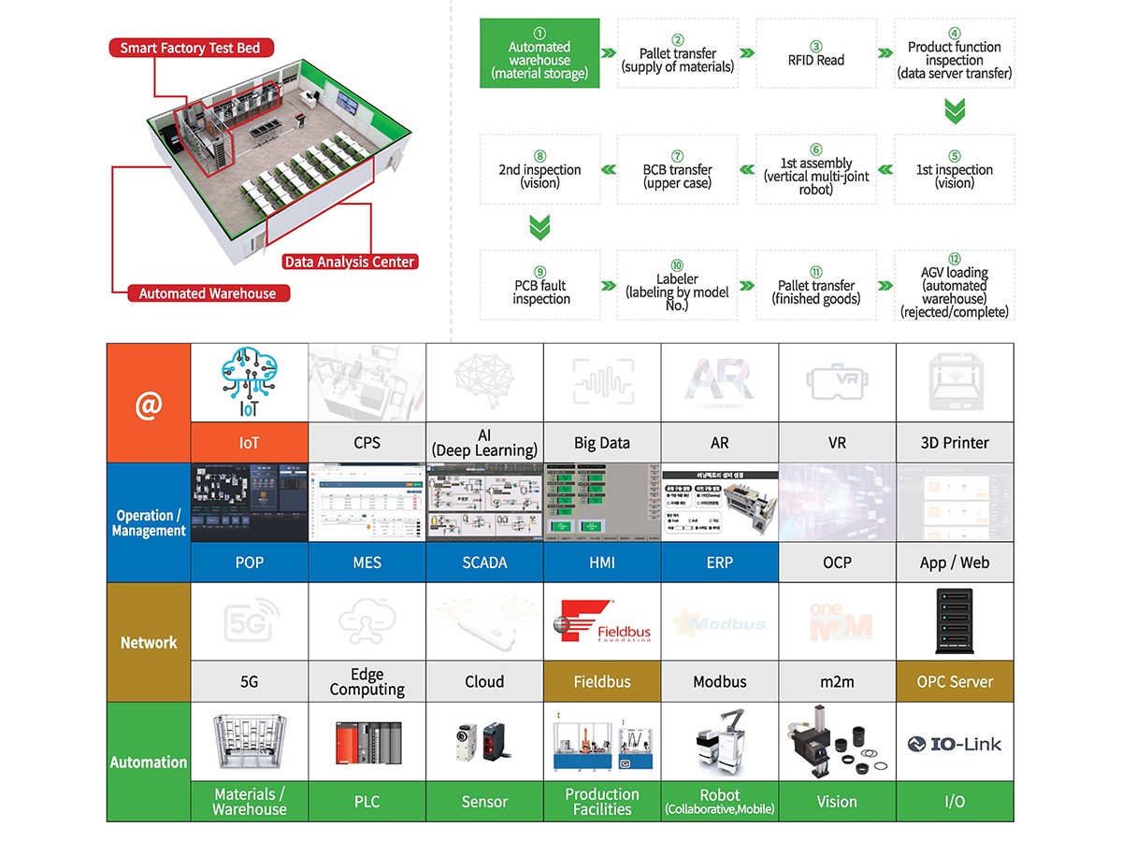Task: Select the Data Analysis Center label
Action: coord(349,262)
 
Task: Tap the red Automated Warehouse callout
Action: coord(208,293)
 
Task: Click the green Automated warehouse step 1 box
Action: coord(539,54)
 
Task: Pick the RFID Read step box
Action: coord(815,54)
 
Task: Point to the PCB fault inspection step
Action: coord(539,286)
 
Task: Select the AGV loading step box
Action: coord(954,286)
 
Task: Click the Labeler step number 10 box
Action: coord(677,286)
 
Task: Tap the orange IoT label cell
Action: coord(250,443)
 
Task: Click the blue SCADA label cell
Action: coord(484,563)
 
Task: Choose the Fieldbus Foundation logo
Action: coord(602,620)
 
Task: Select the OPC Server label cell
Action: coord(954,682)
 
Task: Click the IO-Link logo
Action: coord(954,744)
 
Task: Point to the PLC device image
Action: coord(367,740)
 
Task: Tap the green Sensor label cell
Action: coord(484,802)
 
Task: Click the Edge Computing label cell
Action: coord(367,682)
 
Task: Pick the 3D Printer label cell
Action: coord(954,443)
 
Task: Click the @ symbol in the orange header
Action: coord(149,404)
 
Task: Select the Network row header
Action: coord(149,643)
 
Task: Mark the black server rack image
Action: coord(954,620)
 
